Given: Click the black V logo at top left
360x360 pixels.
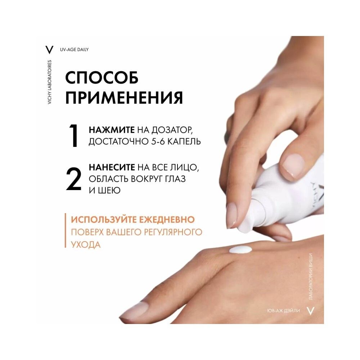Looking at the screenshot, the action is (x=49, y=50).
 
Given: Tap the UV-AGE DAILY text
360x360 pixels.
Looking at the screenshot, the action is (x=74, y=50).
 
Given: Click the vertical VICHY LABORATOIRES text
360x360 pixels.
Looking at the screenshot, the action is (x=50, y=82).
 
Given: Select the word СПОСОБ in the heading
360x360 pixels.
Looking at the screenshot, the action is (x=102, y=78).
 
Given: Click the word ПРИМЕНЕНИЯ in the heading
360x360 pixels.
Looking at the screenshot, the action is (x=124, y=98).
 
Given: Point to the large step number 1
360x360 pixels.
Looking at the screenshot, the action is (x=74, y=136).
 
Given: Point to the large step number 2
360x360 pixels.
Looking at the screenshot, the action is (x=74, y=179).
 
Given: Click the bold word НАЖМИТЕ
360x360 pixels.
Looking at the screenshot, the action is (x=112, y=130).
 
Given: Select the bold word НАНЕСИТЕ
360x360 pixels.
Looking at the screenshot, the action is (x=112, y=167).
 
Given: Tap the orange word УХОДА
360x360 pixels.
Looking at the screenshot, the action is (x=86, y=244).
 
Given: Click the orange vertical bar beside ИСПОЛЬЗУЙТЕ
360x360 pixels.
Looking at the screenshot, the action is (x=66, y=230).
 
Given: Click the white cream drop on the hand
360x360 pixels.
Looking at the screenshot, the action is (x=240, y=249).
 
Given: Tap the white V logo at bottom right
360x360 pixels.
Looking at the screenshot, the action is (x=310, y=311).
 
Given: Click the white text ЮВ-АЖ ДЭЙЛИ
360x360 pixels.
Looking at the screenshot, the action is (x=284, y=311).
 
